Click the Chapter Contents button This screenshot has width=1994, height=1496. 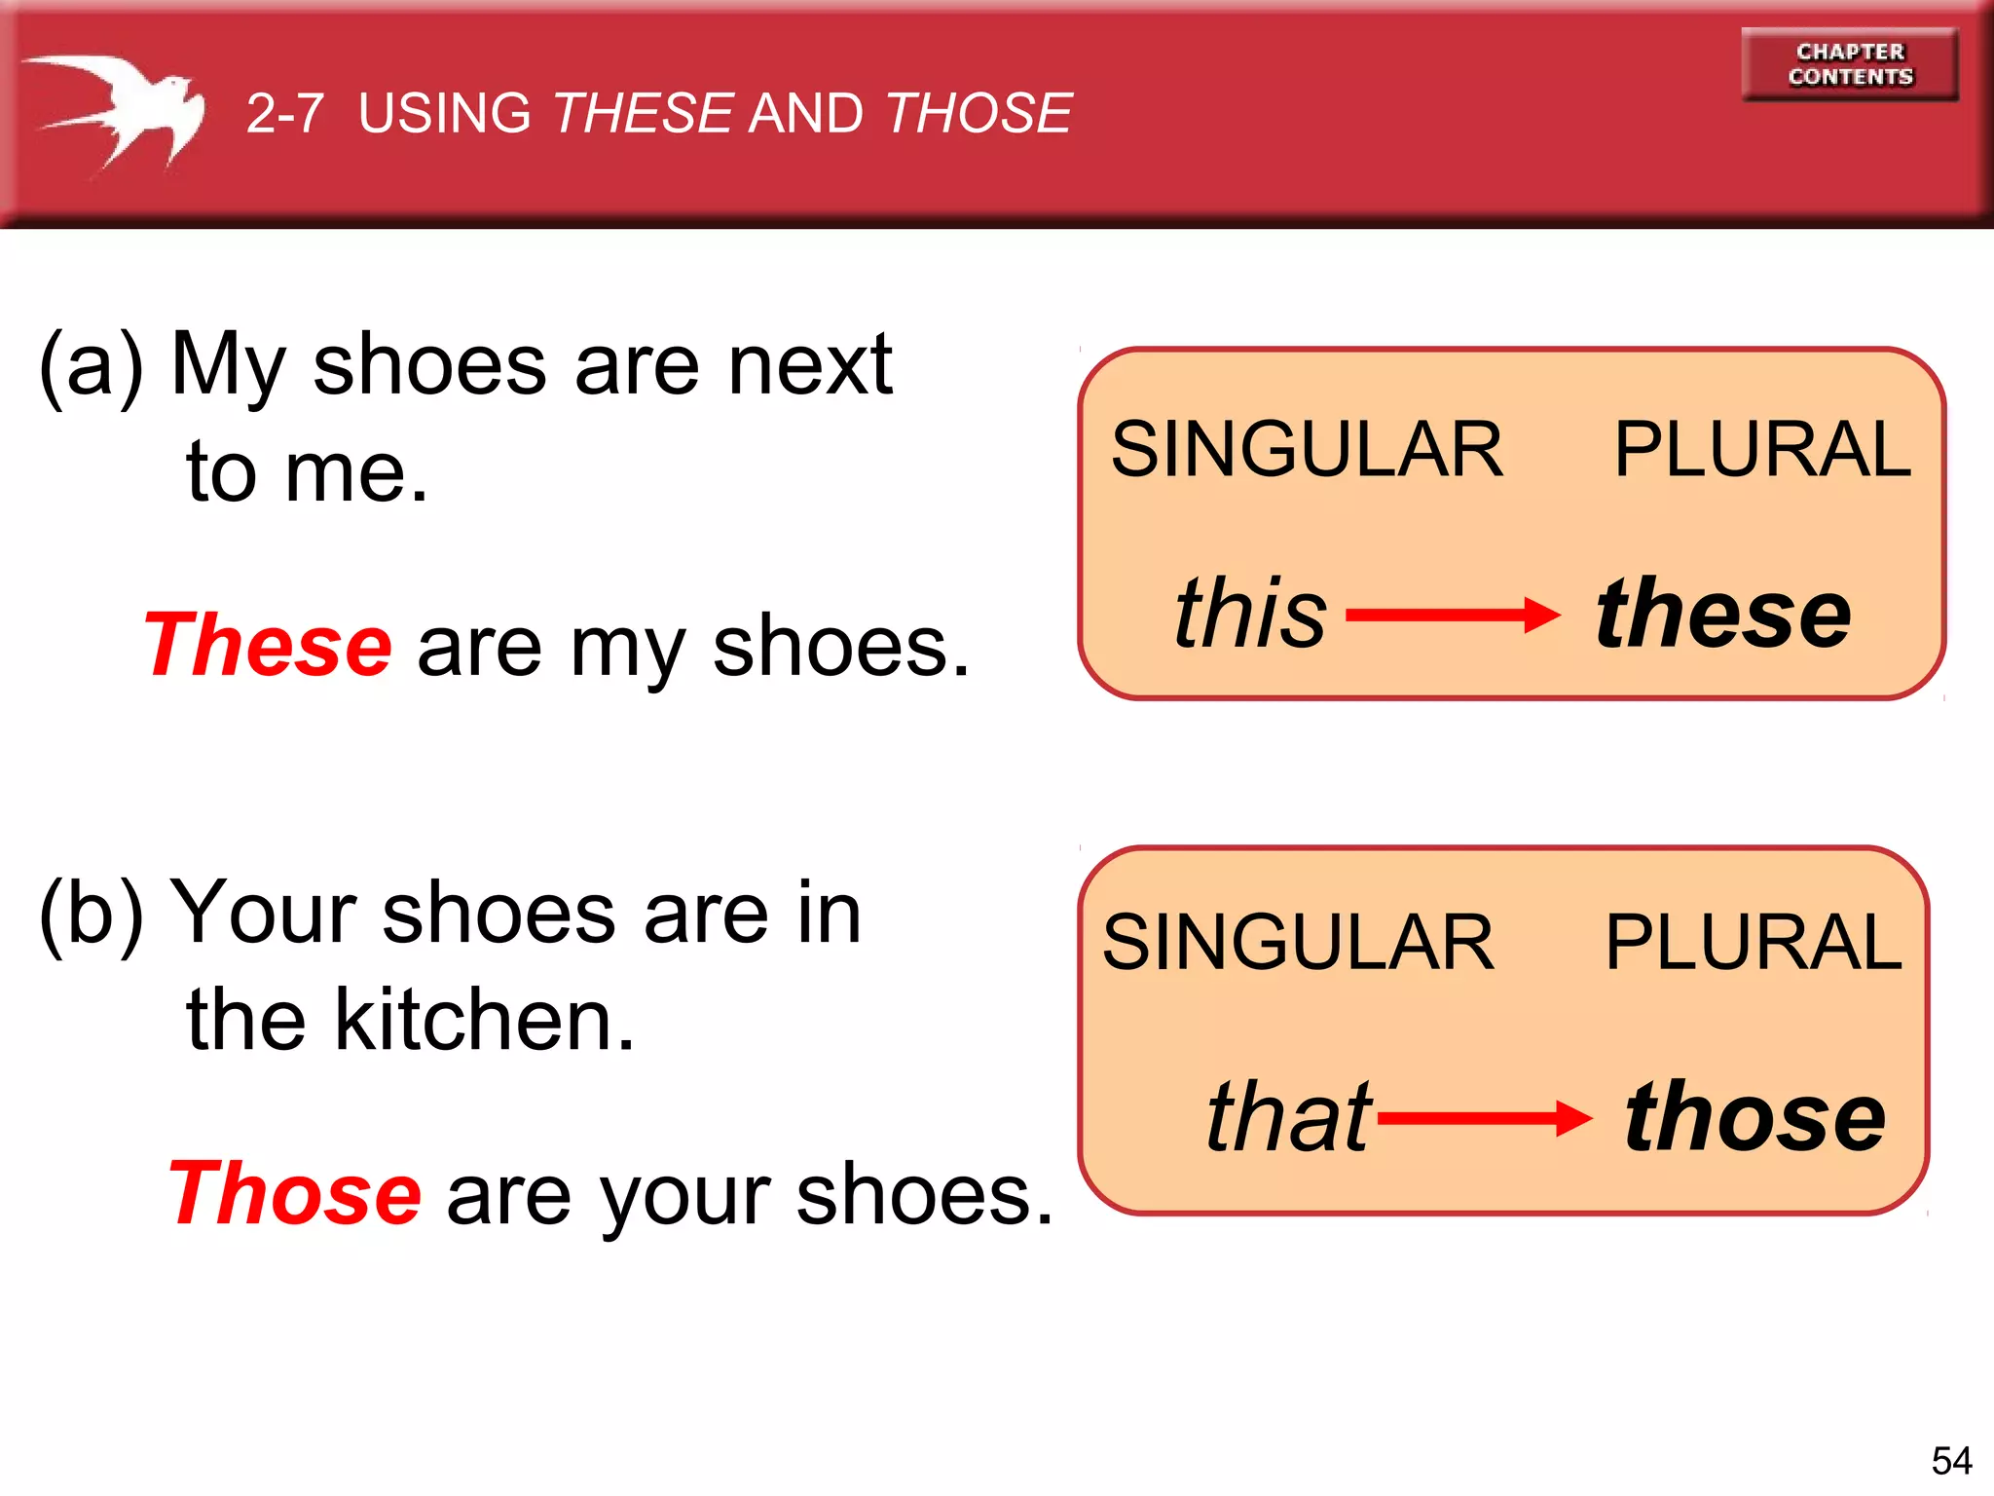pyautogui.click(x=1850, y=64)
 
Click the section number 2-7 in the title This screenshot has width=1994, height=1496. pyautogui.click(x=284, y=113)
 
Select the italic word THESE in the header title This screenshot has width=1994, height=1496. pyautogui.click(x=644, y=113)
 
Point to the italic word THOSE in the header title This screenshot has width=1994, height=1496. pyautogui.click(x=979, y=113)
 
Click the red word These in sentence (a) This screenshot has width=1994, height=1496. pyautogui.click(x=268, y=645)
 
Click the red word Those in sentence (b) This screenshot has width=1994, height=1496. pyautogui.click(x=295, y=1194)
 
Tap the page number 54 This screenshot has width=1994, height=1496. pyautogui.click(x=1951, y=1461)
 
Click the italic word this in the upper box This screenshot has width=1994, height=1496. pyautogui.click(x=1250, y=613)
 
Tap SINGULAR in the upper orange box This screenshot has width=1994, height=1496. pyautogui.click(x=1307, y=449)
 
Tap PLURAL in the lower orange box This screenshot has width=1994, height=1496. pyautogui.click(x=1753, y=942)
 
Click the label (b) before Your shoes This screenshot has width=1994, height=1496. pyautogui.click(x=91, y=914)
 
